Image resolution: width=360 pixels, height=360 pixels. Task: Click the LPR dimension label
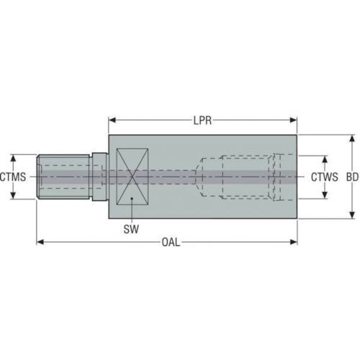tap(202, 120)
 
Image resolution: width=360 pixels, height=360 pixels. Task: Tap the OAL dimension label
tap(171, 242)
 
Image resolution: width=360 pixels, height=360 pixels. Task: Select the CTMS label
tap(13, 177)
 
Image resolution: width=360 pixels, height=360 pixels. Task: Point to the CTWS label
tap(325, 177)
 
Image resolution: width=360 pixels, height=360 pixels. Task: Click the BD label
tap(352, 177)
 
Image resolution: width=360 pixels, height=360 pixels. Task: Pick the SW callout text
tap(131, 229)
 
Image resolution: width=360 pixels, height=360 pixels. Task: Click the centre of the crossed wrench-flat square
tap(132, 176)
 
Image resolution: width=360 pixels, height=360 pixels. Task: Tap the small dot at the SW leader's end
tap(132, 199)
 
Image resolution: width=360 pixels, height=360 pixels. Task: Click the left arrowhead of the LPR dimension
tap(112, 120)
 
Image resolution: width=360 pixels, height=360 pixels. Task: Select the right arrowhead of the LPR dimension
tap(294, 120)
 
